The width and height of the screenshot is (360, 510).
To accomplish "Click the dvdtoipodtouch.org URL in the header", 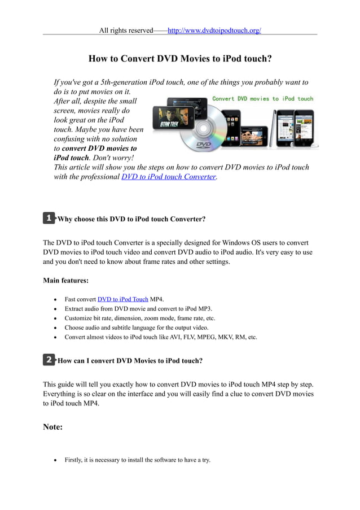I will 214,30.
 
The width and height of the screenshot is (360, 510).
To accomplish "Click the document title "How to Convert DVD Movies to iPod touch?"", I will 180,58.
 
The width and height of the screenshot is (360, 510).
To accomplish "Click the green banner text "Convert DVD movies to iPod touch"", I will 262,98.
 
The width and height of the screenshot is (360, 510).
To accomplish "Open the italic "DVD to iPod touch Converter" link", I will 169,177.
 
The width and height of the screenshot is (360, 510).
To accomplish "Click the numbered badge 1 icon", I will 49,217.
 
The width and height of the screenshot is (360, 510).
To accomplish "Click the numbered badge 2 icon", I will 49,359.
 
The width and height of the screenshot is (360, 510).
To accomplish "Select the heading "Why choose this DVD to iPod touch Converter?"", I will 131,219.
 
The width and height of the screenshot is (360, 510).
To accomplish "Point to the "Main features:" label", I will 65,280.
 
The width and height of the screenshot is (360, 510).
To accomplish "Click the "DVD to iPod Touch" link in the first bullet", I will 122,299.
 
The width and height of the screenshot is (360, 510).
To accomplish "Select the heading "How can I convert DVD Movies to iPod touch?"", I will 130,360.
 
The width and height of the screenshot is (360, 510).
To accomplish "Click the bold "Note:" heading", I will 52,427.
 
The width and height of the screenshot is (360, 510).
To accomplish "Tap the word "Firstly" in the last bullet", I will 75,460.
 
